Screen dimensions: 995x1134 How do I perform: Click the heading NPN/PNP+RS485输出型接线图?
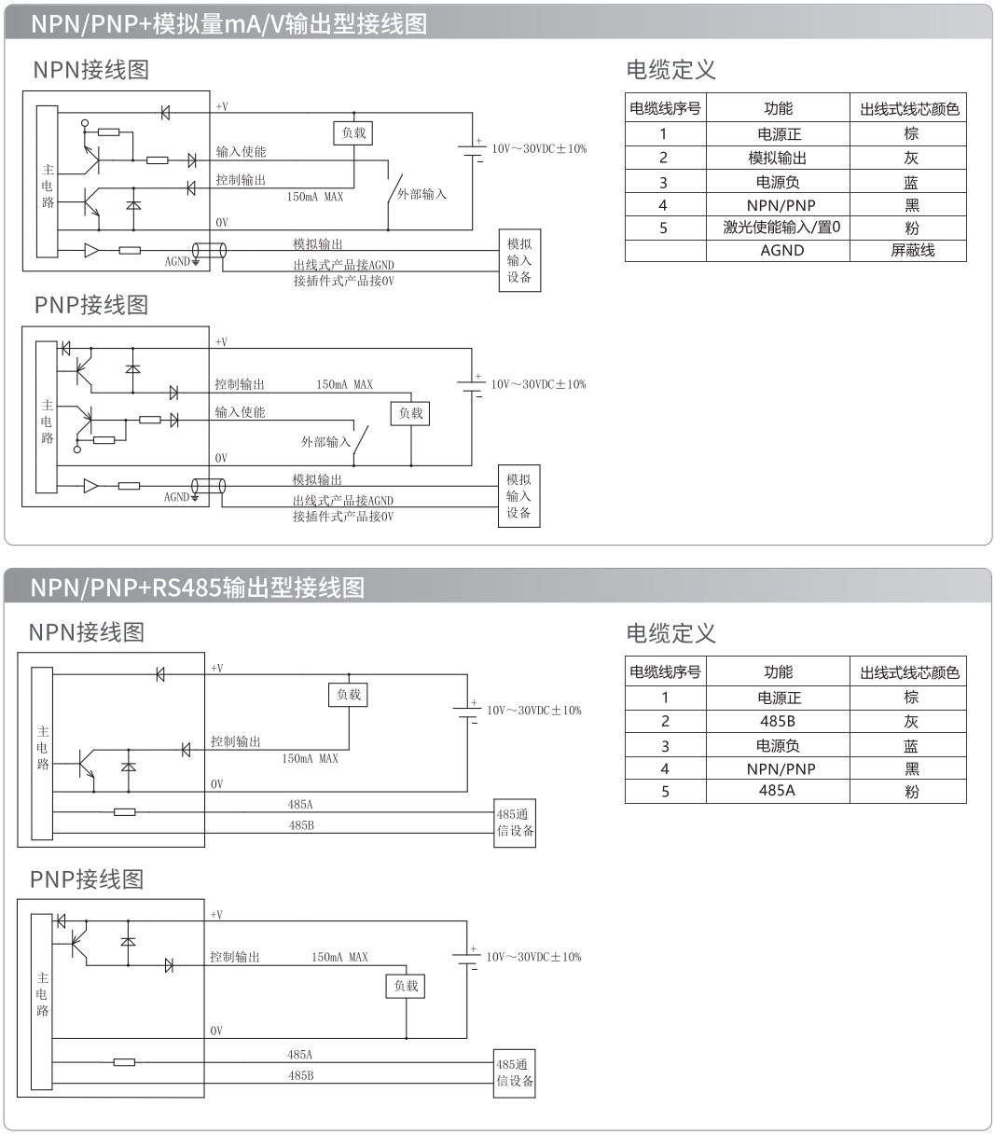(197, 588)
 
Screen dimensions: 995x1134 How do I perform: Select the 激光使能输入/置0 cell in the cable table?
(781, 228)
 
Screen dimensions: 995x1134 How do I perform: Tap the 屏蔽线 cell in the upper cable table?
(912, 250)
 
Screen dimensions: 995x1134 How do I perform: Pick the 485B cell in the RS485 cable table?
(778, 721)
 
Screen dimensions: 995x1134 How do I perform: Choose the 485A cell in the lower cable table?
(777, 790)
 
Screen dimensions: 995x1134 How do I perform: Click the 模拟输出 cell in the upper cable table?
(778, 159)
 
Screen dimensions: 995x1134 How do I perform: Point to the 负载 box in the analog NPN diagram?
(353, 133)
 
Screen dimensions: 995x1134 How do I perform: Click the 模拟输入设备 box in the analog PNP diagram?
(518, 496)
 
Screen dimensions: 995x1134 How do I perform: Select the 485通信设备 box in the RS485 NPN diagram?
(515, 823)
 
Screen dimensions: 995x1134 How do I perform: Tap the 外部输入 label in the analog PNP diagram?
(325, 442)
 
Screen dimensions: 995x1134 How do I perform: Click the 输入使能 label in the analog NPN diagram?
(242, 152)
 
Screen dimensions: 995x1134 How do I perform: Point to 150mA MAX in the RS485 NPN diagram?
(310, 758)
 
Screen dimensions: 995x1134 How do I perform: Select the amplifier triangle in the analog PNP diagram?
(90, 486)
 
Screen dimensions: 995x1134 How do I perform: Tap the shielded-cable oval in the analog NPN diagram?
(209, 250)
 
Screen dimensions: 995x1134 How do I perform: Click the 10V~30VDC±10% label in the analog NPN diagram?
(540, 149)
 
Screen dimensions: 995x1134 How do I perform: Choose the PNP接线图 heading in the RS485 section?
(87, 879)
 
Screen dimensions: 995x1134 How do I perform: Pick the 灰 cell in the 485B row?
(910, 722)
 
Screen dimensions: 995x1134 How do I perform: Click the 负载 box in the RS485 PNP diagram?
(405, 986)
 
